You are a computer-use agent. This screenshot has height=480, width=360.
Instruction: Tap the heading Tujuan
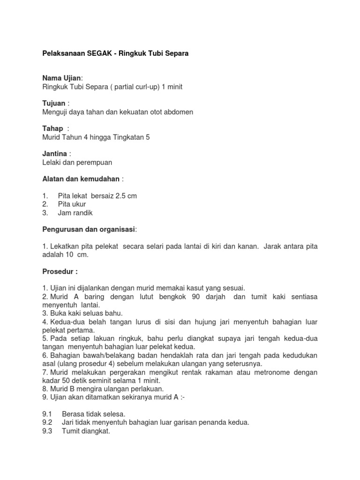click(x=54, y=103)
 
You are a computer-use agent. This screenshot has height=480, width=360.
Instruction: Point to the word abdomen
click(x=177, y=112)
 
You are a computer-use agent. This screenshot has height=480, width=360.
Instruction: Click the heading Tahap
click(x=52, y=128)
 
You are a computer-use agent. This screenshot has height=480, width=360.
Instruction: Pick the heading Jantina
click(x=55, y=154)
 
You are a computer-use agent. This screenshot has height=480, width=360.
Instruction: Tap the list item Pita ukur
click(x=72, y=204)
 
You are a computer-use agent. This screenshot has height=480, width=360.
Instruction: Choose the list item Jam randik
click(x=75, y=213)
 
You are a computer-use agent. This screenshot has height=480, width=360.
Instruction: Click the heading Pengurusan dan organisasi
click(x=89, y=229)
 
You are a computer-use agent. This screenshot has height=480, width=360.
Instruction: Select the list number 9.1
click(x=47, y=414)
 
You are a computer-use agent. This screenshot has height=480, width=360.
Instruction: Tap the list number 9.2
click(x=47, y=422)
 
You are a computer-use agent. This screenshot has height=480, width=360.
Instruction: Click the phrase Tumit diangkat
click(x=86, y=431)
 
